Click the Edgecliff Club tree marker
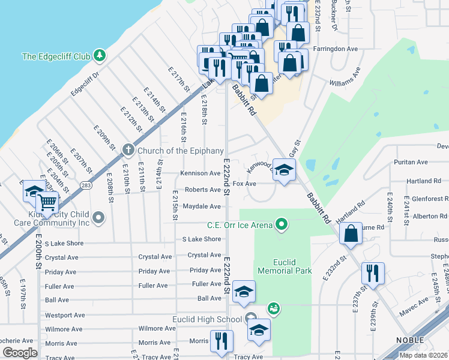pos(100,56)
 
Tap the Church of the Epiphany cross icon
pos(127,150)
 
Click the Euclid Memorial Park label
pos(285,266)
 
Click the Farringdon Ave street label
pos(336,49)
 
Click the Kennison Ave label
pos(200,173)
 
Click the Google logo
pos(20,353)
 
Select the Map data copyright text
pos(423,355)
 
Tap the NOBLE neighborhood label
pos(411,340)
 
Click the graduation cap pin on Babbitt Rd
pos(285,169)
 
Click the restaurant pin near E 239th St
pos(373,273)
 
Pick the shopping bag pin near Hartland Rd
pos(351,233)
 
